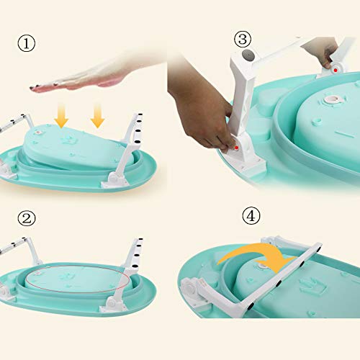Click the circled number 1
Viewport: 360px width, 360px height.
point(27,43)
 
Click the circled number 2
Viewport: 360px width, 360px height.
point(27,218)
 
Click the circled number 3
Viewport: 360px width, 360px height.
point(243,39)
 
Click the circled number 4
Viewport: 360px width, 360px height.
point(251,216)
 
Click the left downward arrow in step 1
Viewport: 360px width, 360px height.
point(61,115)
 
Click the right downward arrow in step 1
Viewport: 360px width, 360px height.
point(97,115)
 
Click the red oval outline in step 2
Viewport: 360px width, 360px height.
point(78,279)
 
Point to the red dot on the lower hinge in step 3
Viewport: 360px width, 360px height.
point(237,147)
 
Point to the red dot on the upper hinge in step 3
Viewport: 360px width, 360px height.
point(336,70)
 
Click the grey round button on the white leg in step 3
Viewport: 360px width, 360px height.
point(248,56)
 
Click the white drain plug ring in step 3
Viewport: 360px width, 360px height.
point(333,99)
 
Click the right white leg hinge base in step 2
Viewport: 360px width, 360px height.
point(112,304)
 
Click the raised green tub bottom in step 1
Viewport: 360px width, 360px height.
point(77,144)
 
